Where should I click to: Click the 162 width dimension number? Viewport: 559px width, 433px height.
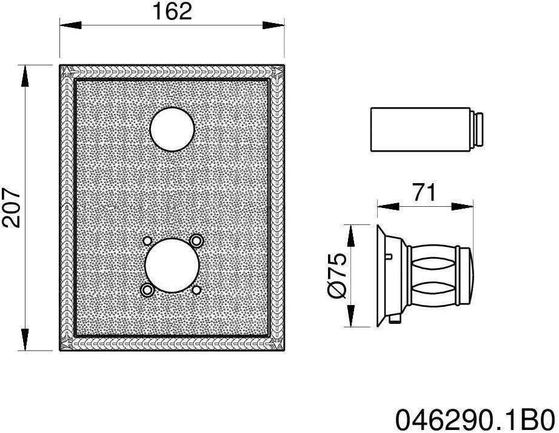pos(172,11)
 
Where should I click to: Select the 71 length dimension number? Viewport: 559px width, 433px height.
pos(424,192)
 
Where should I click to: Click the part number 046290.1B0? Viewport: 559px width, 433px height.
pos(475,418)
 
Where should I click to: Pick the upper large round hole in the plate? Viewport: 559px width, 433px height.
pos(172,129)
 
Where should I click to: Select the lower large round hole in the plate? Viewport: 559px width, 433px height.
pos(172,265)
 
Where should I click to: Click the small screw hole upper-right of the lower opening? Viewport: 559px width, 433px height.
pos(196,241)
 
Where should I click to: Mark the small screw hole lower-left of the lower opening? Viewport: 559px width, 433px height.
pos(147,289)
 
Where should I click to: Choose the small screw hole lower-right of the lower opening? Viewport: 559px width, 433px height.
pos(196,289)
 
